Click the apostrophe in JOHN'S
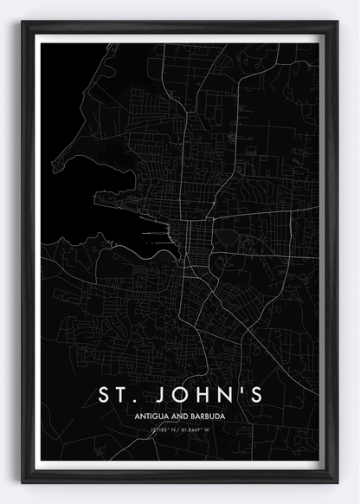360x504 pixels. coord(244,391)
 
